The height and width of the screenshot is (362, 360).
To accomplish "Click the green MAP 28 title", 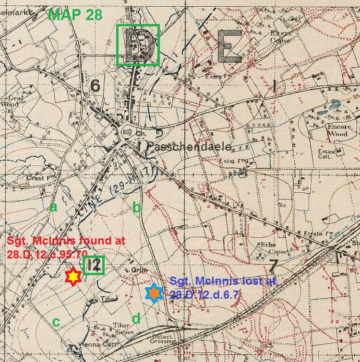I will coord(75,14).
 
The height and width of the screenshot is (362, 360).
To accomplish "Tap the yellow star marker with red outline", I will coord(72,277).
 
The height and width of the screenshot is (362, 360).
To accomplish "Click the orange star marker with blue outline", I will coord(154,293).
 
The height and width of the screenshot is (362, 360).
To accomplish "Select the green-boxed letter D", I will coord(138,45).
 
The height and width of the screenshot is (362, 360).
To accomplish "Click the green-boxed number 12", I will coord(94,265).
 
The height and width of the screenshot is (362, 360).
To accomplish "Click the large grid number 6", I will coord(95,86).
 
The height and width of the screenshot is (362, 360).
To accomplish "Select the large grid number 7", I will coord(274,265).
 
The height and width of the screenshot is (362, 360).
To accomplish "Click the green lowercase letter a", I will coord(53,207).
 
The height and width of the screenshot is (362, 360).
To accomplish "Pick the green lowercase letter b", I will coord(136,207).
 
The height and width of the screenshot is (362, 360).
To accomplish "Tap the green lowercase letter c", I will coord(56,322).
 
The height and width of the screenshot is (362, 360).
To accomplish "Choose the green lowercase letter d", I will coord(136,318).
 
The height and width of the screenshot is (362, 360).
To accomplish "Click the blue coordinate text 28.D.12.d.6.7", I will coord(204,294).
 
